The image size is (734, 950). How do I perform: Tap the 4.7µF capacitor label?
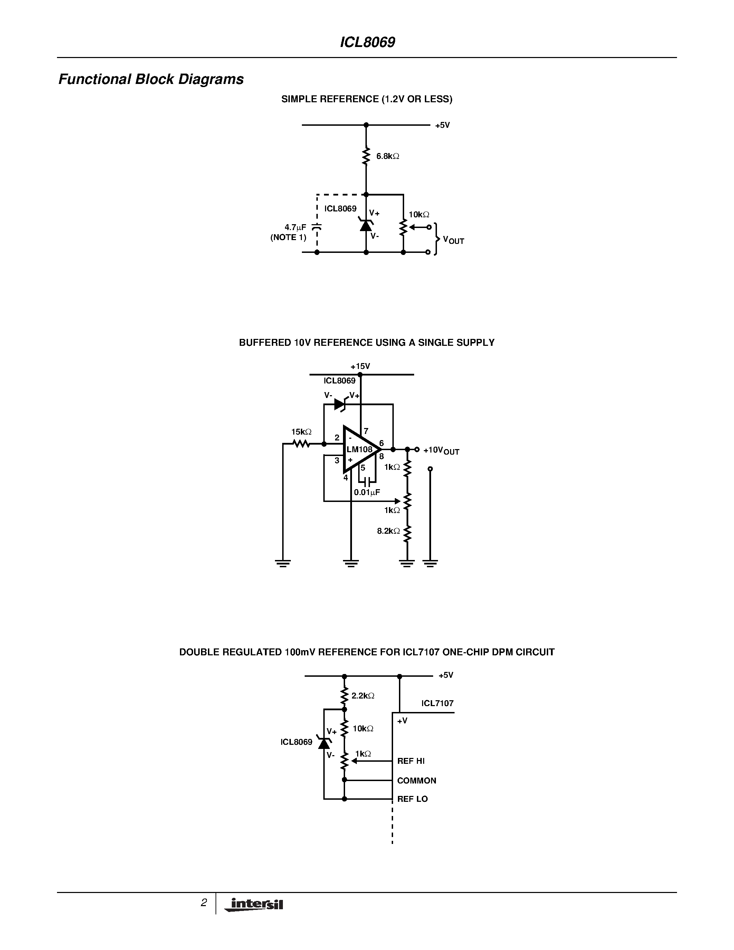[x=295, y=227]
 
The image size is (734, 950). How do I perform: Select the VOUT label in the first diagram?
[x=453, y=240]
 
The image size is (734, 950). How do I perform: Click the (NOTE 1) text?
[x=288, y=238]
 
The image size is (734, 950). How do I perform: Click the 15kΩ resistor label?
[x=301, y=432]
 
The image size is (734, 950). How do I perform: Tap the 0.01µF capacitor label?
[x=366, y=492]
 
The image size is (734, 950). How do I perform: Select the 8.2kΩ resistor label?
[x=388, y=531]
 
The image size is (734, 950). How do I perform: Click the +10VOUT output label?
[x=441, y=450]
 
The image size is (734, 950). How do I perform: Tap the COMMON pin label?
[x=416, y=781]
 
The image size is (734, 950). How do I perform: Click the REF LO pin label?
[x=412, y=799]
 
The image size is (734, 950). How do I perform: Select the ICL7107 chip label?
[x=437, y=703]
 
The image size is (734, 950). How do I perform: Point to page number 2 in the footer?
[x=203, y=903]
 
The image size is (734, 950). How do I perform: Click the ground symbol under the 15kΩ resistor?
[x=283, y=563]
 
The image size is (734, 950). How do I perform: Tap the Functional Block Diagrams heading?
[x=151, y=79]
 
